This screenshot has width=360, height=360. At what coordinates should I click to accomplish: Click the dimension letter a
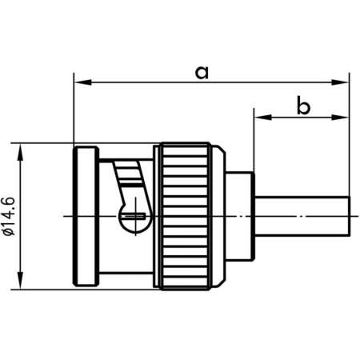click(202, 73)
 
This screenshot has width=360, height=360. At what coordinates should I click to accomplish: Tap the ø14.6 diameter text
click(10, 214)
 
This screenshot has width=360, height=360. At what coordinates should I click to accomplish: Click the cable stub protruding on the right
click(304, 215)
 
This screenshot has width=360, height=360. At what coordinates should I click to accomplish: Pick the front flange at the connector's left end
click(85, 214)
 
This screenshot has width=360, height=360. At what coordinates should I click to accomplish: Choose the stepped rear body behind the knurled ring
click(238, 214)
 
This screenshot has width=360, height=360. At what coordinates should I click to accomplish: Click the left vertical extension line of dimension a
click(73, 112)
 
